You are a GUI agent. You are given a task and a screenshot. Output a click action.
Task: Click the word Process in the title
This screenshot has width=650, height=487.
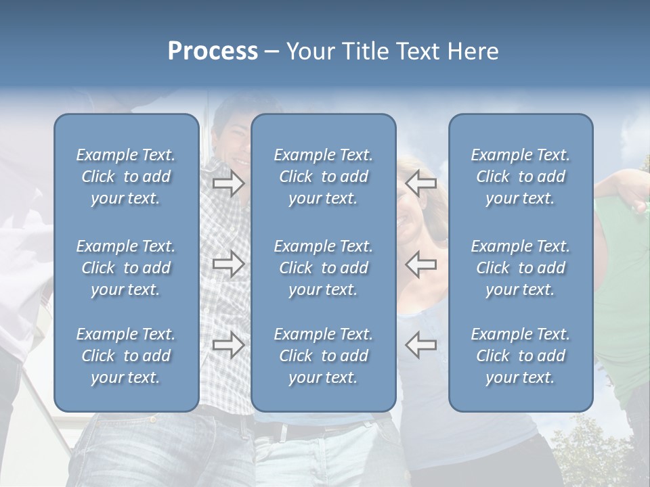pos(213,51)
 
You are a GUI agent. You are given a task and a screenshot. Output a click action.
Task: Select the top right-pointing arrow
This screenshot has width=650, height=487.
pos(229,183)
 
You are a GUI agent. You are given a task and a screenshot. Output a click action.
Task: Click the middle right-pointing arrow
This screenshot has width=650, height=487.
pos(229,264)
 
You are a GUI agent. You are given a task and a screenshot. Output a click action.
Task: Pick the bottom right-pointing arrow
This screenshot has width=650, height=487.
pos(229,344)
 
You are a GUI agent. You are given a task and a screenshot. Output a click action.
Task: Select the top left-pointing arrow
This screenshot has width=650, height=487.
pos(420,183)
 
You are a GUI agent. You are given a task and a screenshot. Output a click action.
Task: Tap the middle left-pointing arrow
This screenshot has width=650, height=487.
pos(420,264)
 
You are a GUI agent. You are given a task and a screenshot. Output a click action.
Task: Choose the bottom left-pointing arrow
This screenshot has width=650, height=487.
pos(420,344)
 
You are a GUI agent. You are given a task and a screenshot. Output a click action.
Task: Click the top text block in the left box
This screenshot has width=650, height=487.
pos(126,177)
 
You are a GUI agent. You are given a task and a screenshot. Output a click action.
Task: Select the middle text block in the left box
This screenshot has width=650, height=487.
pos(126,268)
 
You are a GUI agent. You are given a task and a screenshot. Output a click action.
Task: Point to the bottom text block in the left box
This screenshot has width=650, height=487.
pos(126,356)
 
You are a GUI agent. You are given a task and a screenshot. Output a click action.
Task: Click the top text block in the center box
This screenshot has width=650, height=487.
pos(324,177)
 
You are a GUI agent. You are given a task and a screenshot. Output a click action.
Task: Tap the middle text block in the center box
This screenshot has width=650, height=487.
pos(324,268)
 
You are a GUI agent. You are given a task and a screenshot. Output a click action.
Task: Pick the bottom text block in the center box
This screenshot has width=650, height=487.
pos(324,356)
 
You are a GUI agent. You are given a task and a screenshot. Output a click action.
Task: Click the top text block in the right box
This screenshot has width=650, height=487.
pos(521,177)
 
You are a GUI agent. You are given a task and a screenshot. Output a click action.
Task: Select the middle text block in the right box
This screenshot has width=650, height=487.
pos(521,268)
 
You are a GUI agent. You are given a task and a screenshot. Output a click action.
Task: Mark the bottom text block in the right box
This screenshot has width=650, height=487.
pos(521,356)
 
